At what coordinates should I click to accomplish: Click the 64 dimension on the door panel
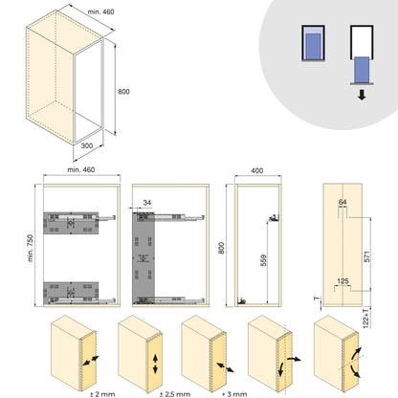[343, 202]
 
